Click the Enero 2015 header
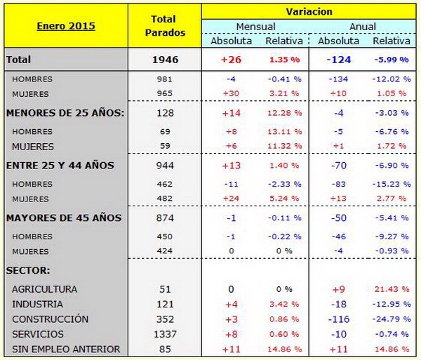point(65,26)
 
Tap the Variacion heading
point(309,12)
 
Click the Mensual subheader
point(255,27)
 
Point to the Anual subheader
point(363,27)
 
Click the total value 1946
point(165,60)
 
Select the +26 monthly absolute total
point(231,60)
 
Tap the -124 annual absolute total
point(339,60)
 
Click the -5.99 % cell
point(390,60)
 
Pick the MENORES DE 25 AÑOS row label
point(65,112)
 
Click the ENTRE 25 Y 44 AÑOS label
point(60,165)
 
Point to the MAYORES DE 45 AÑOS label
point(64,218)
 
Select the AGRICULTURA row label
point(44,289)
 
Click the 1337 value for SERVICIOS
point(165,334)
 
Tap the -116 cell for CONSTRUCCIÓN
point(339,319)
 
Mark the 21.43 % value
point(390,289)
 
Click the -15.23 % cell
point(390,184)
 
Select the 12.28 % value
point(283,112)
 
